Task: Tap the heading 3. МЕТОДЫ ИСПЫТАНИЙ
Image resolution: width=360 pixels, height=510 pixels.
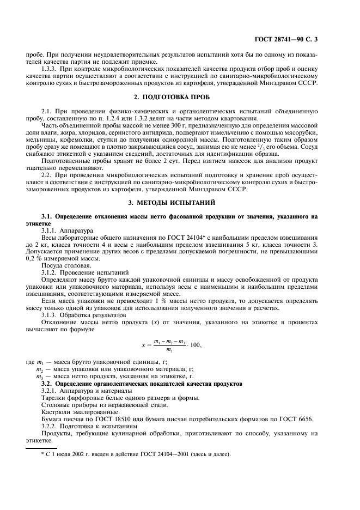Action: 179,202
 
